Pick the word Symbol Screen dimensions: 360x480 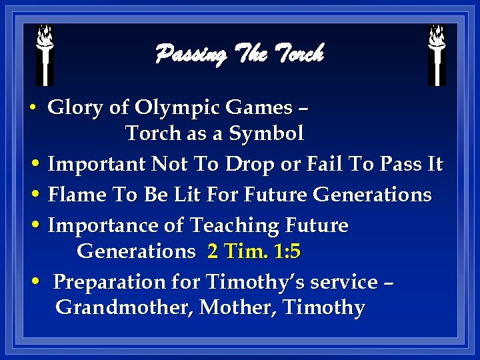(x=266, y=133)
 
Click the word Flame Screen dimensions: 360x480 (x=75, y=195)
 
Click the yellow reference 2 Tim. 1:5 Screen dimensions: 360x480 (x=254, y=251)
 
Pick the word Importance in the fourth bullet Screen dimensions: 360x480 (x=103, y=226)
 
